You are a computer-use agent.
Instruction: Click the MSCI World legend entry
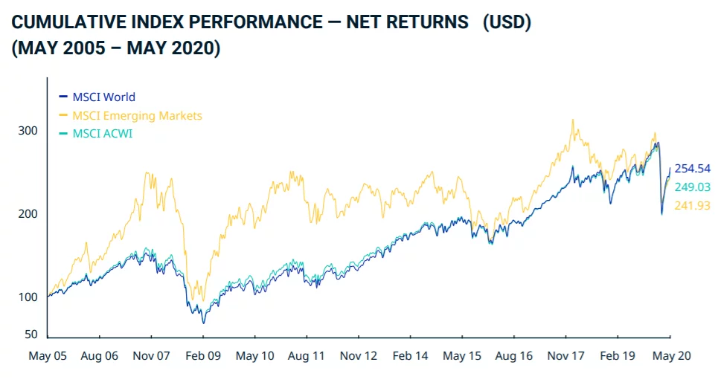coord(103,97)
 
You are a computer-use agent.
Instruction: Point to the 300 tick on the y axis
coord(28,131)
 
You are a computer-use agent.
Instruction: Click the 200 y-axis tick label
coord(28,214)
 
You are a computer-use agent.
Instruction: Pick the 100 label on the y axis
coord(28,297)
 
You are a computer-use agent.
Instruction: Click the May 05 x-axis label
coord(48,356)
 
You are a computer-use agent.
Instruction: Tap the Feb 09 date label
coord(203,356)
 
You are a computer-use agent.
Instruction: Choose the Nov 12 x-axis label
coord(359,356)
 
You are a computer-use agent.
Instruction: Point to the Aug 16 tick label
coord(515,356)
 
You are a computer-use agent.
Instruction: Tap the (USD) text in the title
coord(507,23)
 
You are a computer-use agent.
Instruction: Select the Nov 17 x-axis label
coord(567,356)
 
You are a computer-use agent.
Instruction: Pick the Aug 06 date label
coord(100,356)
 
